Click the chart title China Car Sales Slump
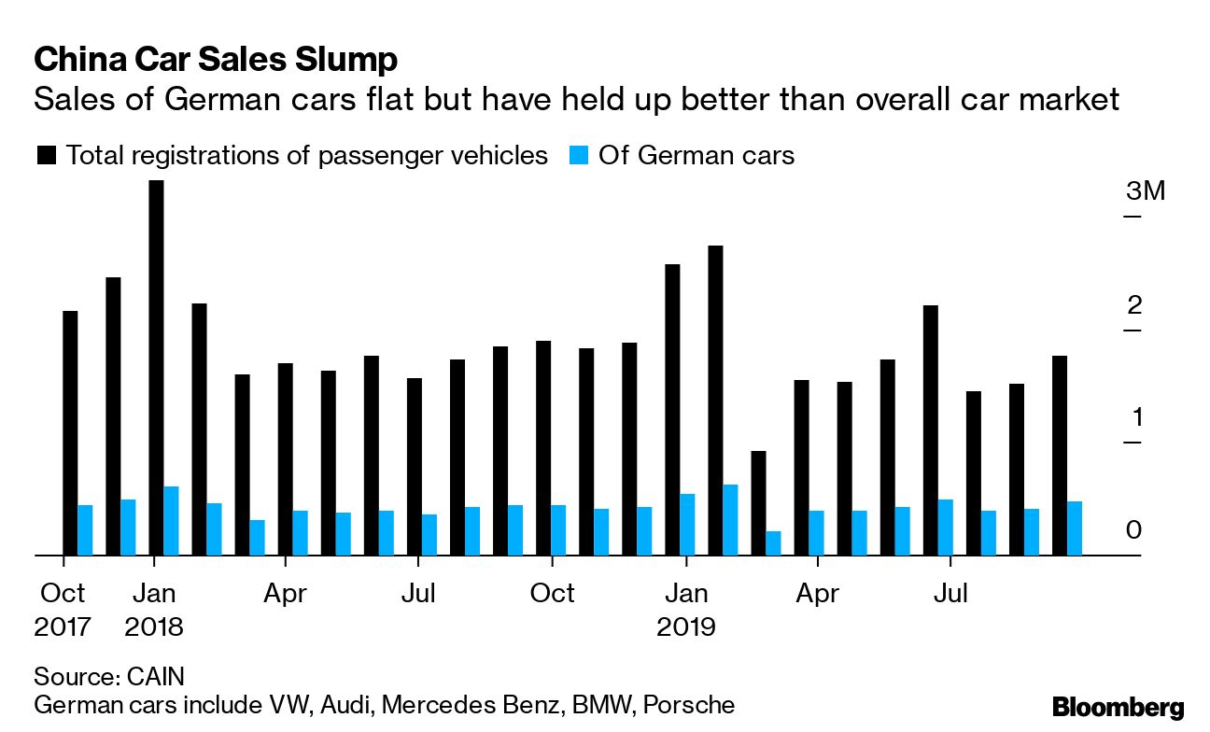216,60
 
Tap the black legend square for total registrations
46,156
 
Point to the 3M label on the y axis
1146,192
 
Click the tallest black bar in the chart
156,368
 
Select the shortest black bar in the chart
758,503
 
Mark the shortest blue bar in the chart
773,543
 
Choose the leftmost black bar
70,433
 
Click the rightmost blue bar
1075,528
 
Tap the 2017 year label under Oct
63,626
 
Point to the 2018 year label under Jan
154,626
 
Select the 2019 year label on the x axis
685,626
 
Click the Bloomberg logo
1118,707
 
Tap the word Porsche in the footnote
691,704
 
